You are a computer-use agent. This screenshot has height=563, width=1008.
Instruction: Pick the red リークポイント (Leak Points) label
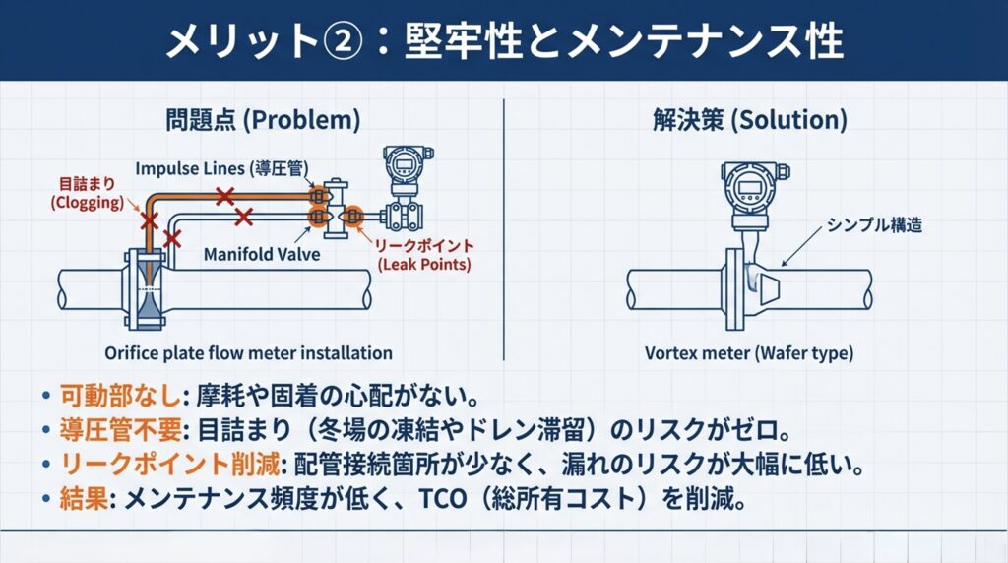[426, 254]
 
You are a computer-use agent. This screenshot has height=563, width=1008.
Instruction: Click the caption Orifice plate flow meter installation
[248, 352]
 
